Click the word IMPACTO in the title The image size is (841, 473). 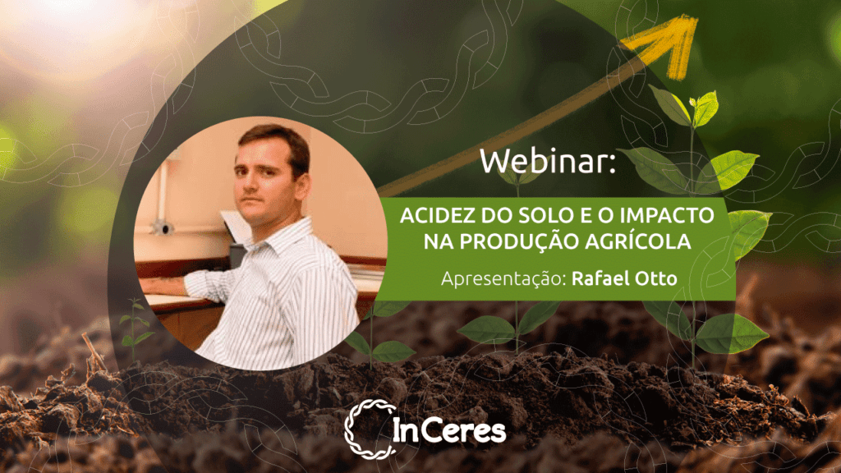coord(667,216)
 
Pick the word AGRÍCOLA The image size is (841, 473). coord(637,241)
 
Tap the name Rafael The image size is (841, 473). coord(600,278)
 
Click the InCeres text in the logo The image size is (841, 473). coord(449,430)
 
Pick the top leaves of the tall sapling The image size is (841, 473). coord(692,108)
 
